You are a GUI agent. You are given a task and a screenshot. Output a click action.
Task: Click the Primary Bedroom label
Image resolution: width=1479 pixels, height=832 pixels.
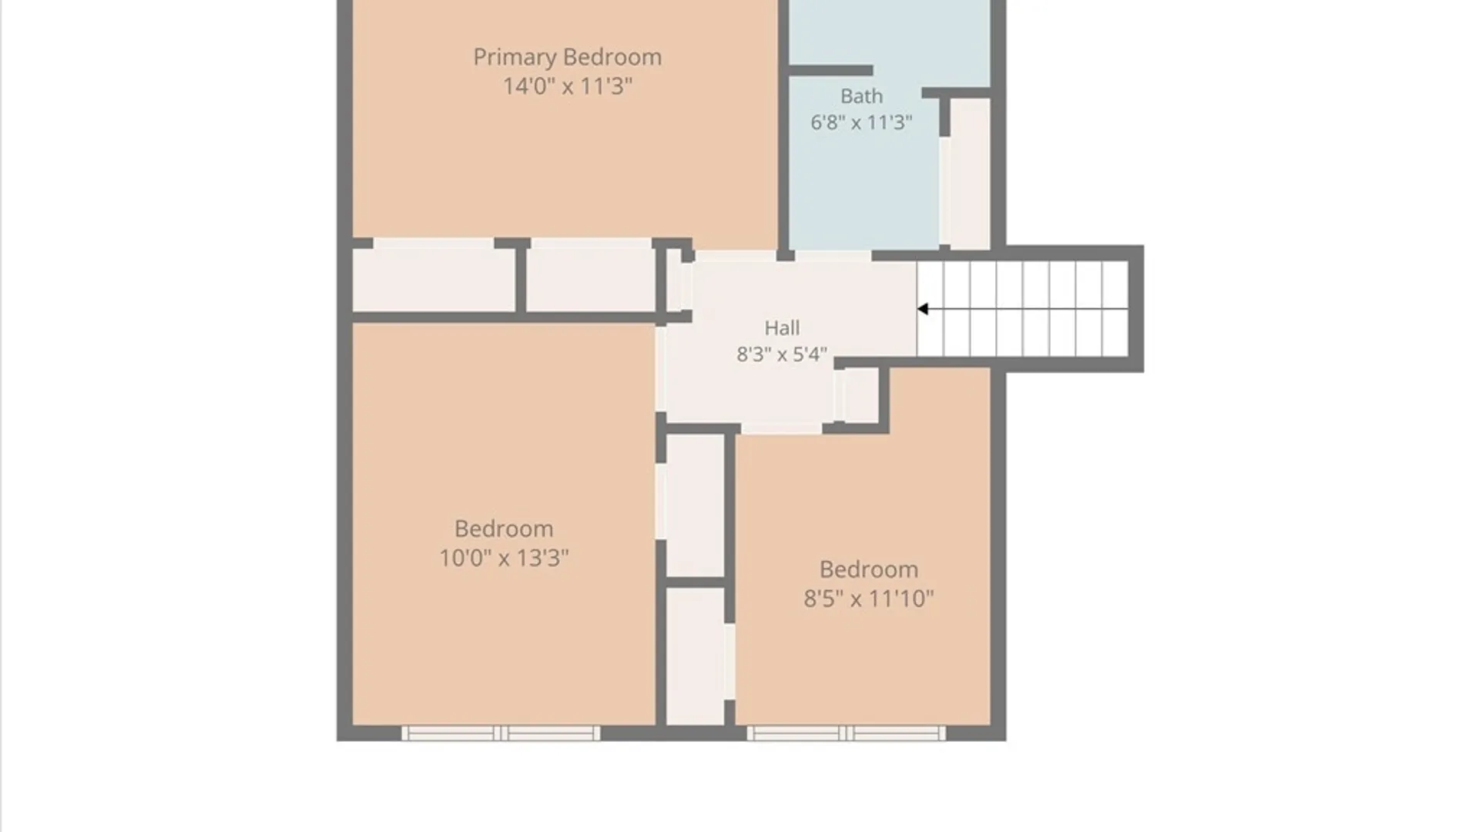(567, 57)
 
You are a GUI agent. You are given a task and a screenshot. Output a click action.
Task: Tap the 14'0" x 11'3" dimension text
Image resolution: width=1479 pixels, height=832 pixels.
(568, 86)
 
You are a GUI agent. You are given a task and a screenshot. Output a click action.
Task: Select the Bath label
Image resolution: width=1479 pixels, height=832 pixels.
(861, 96)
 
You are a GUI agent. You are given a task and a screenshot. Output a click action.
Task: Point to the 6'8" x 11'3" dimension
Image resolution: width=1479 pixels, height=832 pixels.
(861, 122)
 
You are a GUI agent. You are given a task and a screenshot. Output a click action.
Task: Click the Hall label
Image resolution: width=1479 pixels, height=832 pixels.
(782, 328)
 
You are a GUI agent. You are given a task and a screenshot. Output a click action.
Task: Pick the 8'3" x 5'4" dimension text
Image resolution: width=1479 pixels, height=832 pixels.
(782, 354)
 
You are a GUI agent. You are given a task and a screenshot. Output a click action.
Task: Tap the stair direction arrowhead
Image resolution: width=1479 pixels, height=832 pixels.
(922, 309)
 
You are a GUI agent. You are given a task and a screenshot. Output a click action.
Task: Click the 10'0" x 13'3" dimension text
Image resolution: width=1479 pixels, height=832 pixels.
(504, 557)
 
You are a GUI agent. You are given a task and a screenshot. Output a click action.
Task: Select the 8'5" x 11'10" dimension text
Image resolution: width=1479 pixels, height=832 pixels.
(869, 599)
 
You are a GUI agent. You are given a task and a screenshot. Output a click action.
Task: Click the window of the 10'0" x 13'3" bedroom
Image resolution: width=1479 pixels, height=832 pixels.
(501, 733)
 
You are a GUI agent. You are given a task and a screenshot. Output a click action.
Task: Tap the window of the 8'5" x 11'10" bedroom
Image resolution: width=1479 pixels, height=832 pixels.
(846, 733)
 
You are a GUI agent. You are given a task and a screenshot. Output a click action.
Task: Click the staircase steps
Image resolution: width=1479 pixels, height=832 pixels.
(1022, 309)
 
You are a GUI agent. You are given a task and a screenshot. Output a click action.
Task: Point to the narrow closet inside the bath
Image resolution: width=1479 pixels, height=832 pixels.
(970, 173)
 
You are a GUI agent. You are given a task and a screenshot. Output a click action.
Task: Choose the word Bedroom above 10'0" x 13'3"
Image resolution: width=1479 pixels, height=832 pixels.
(504, 528)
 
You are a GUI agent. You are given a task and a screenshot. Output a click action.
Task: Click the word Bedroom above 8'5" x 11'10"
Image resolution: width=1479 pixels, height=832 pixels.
(869, 569)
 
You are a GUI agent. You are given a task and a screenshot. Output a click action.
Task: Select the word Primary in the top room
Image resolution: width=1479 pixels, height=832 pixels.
(515, 58)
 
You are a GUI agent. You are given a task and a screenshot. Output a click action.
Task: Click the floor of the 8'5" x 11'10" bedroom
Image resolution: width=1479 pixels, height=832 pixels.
(863, 663)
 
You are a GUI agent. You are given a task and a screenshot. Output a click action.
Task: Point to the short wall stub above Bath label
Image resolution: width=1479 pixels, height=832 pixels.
(830, 71)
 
